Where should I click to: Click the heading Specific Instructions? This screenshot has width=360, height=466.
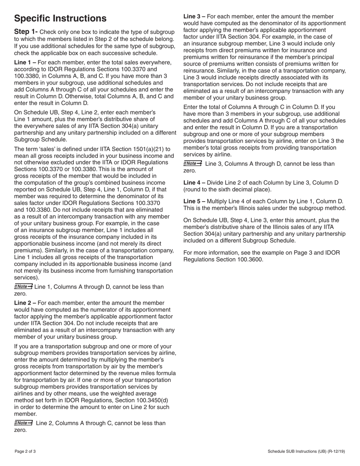click(60, 19)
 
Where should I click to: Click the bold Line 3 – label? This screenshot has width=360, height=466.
click(194, 17)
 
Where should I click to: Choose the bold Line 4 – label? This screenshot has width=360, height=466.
click(194, 183)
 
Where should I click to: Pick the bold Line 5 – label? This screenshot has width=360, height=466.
click(194, 202)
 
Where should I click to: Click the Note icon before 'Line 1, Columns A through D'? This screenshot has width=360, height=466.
click(23, 286)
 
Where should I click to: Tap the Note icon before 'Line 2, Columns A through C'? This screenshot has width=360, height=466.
click(23, 423)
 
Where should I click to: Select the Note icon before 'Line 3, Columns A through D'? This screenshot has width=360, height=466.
click(193, 164)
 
